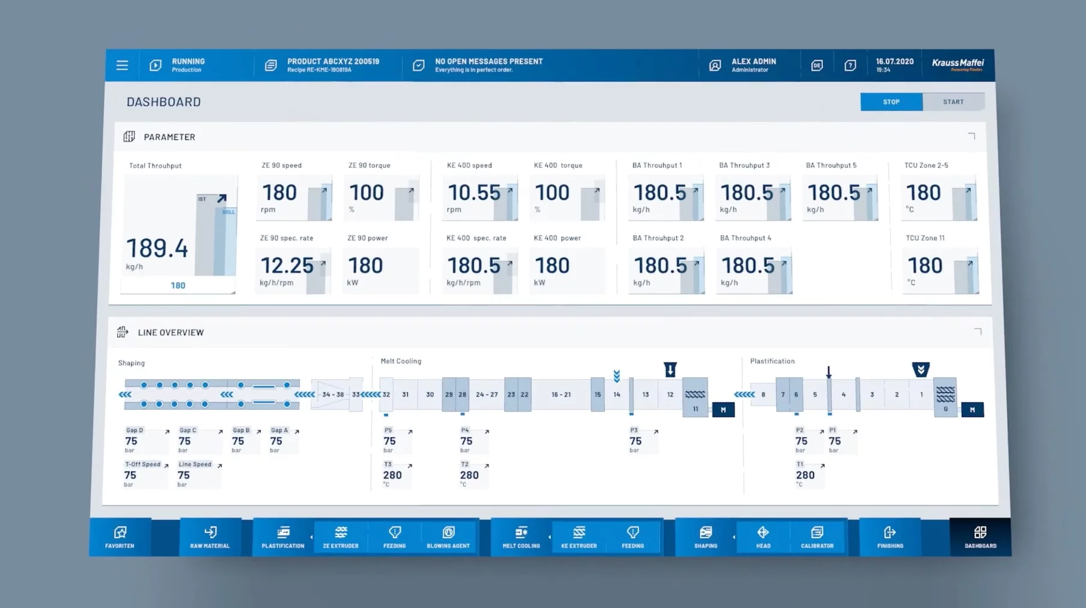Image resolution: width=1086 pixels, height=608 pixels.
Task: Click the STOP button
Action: [x=891, y=102]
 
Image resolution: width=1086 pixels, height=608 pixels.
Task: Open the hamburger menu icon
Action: [x=122, y=65]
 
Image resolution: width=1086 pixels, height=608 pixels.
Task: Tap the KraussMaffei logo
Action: [x=957, y=64]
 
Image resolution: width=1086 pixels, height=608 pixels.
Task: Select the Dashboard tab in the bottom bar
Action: [x=980, y=537]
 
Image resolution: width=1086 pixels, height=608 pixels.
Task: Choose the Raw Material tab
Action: [x=210, y=537]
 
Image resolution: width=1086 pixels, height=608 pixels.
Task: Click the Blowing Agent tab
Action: [x=448, y=537]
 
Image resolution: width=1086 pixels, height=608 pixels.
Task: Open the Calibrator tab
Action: [x=817, y=537]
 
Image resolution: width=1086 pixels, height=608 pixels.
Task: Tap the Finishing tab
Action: [x=890, y=537]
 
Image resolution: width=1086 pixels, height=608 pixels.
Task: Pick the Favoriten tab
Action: [x=120, y=537]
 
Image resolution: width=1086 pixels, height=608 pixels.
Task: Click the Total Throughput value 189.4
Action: [x=157, y=248]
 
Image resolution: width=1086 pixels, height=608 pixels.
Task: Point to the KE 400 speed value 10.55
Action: [x=473, y=193]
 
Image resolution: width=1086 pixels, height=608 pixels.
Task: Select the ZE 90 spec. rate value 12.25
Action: [x=287, y=266]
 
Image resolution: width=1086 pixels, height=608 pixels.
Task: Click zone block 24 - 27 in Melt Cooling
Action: [x=487, y=395]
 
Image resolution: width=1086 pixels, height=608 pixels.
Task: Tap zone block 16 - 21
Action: [x=561, y=395]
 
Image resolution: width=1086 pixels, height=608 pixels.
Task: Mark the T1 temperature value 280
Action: [x=805, y=475]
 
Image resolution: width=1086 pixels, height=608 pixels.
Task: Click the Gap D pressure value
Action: [x=132, y=441]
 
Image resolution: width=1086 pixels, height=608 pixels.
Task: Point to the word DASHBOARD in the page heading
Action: [x=163, y=102]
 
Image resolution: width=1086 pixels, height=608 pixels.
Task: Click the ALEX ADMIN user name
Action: [x=753, y=61]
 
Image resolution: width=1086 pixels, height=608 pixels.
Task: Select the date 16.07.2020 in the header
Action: [x=894, y=61]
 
